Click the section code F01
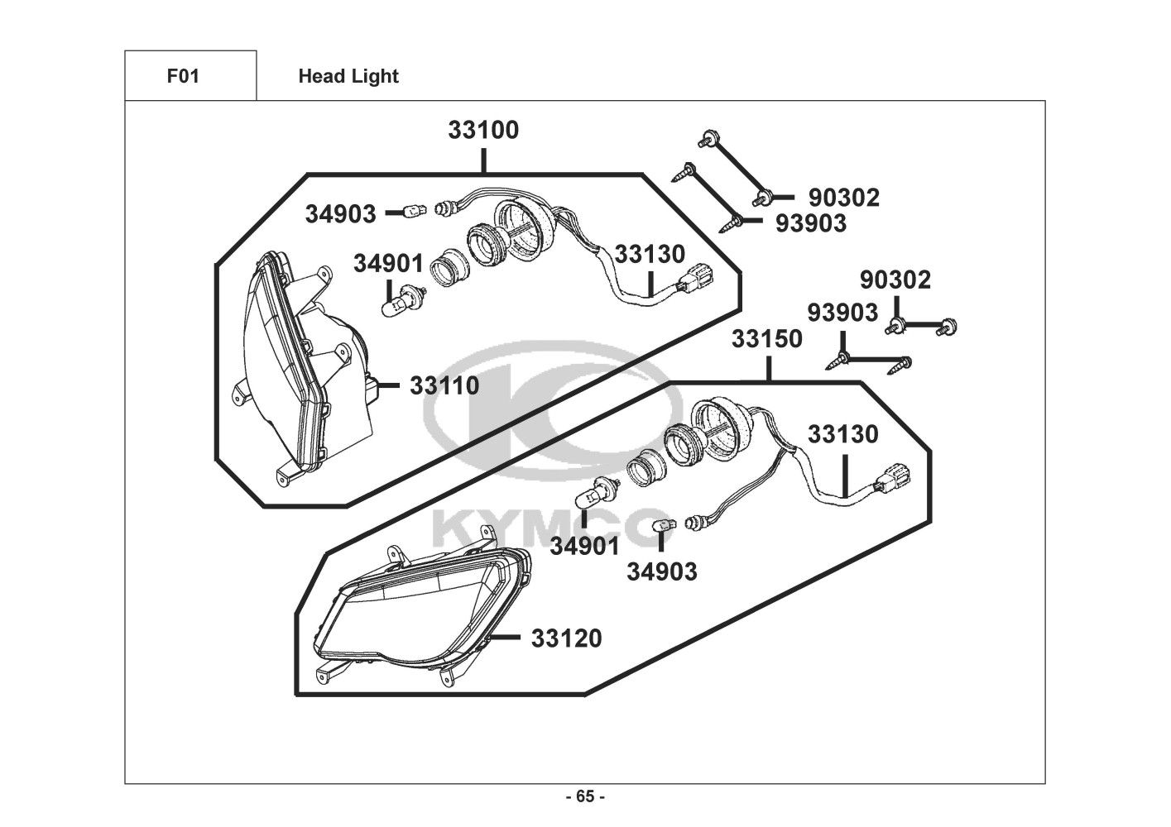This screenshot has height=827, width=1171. (x=183, y=76)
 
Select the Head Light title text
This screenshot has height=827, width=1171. (x=348, y=77)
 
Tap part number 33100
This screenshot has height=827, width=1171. (x=483, y=130)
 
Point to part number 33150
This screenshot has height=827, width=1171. (x=766, y=339)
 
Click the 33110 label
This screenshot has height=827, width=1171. (x=444, y=386)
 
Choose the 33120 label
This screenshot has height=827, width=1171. (x=567, y=638)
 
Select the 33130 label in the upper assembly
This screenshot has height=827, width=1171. (x=650, y=255)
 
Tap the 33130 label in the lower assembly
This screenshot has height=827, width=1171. (x=842, y=434)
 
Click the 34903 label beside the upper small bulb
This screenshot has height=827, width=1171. (x=340, y=214)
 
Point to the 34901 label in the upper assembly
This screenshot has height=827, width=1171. (x=388, y=263)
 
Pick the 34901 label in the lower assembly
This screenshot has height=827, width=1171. (x=584, y=547)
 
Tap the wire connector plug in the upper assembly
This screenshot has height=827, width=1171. (x=695, y=280)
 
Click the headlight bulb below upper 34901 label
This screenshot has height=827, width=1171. (x=403, y=300)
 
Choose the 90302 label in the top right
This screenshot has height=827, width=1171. (x=844, y=198)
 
